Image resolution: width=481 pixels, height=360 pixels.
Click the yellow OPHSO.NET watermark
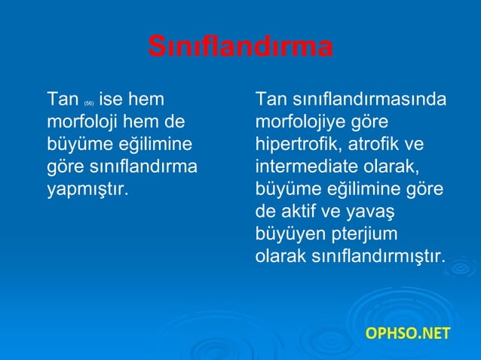tap(406, 332)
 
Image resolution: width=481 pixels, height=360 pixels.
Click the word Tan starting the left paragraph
tap(63, 99)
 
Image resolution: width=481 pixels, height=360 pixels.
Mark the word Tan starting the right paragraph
tap(271, 99)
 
